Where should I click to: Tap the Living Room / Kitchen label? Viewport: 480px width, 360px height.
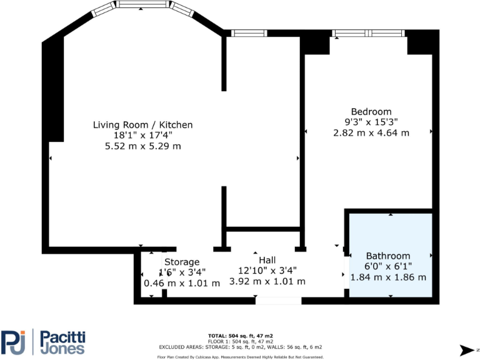pyautogui.click(x=142, y=125)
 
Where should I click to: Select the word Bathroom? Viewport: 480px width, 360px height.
pyautogui.click(x=388, y=256)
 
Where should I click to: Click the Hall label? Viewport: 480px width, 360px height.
pyautogui.click(x=267, y=260)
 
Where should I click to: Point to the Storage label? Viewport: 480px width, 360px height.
pyautogui.click(x=182, y=262)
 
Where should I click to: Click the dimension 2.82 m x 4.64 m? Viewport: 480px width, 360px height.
pyautogui.click(x=371, y=132)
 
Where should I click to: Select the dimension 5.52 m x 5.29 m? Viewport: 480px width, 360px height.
pyautogui.click(x=142, y=146)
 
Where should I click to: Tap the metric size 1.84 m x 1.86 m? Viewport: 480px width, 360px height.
pyautogui.click(x=388, y=277)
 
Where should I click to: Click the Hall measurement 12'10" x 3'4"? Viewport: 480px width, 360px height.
pyautogui.click(x=267, y=271)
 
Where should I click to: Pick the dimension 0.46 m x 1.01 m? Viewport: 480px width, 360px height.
pyautogui.click(x=182, y=283)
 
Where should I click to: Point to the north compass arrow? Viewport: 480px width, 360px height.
pyautogui.click(x=467, y=349)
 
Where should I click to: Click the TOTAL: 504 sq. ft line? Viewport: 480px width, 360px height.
pyautogui.click(x=239, y=336)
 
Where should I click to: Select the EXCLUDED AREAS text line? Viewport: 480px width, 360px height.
pyautogui.click(x=239, y=346)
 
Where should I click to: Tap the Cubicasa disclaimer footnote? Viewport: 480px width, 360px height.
pyautogui.click(x=239, y=357)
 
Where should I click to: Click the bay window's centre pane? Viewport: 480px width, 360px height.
pyautogui.click(x=144, y=4)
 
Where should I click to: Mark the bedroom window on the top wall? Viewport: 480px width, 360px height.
pyautogui.click(x=369, y=33)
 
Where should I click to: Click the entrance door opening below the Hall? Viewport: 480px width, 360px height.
pyautogui.click(x=278, y=301)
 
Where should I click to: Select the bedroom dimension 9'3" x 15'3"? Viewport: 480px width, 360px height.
pyautogui.click(x=371, y=122)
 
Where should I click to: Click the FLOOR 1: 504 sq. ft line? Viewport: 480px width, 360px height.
pyautogui.click(x=239, y=341)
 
